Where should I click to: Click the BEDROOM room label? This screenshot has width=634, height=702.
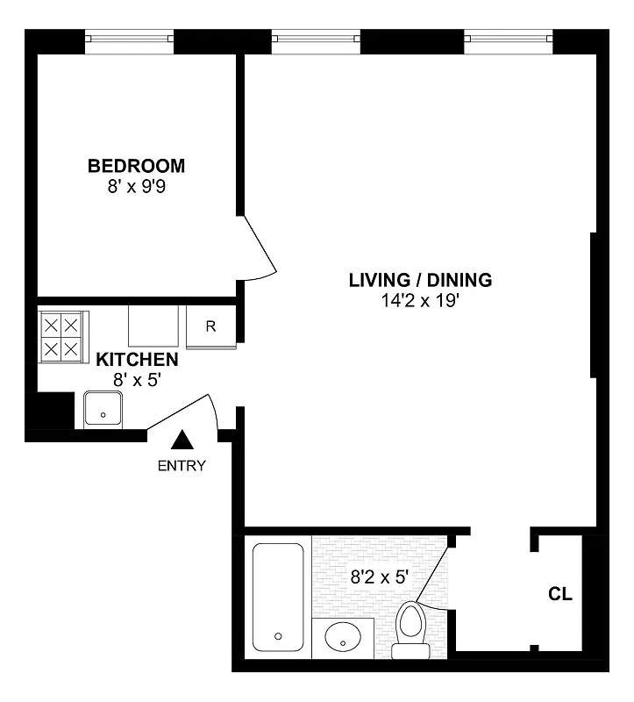click(136, 166)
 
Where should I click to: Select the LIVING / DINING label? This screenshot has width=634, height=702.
click(420, 281)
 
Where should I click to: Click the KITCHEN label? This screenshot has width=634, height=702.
click(137, 360)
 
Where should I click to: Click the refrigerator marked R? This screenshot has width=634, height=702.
click(210, 327)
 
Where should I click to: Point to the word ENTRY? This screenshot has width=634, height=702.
click(182, 466)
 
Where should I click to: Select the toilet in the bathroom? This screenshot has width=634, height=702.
click(410, 630)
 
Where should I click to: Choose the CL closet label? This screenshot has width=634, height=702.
click(560, 594)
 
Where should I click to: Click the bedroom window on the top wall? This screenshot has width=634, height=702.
click(129, 38)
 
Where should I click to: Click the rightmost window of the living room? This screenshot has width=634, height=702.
click(509, 38)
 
